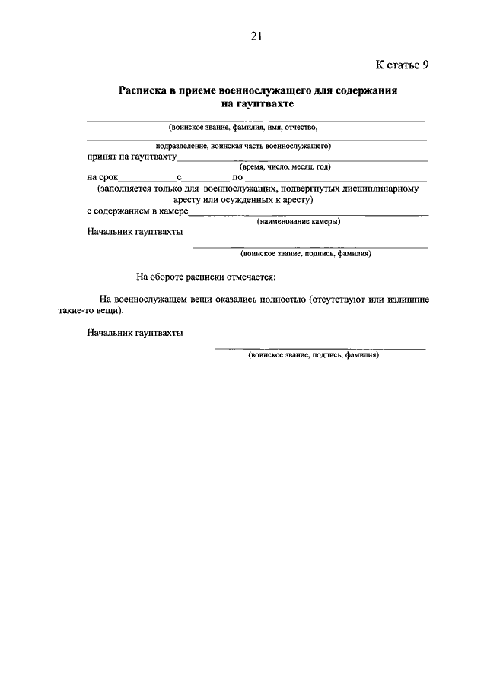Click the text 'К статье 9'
(403, 65)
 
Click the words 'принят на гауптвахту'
(132, 157)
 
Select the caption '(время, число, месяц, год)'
(285, 166)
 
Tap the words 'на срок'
(103, 177)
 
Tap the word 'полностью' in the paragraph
(276, 300)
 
